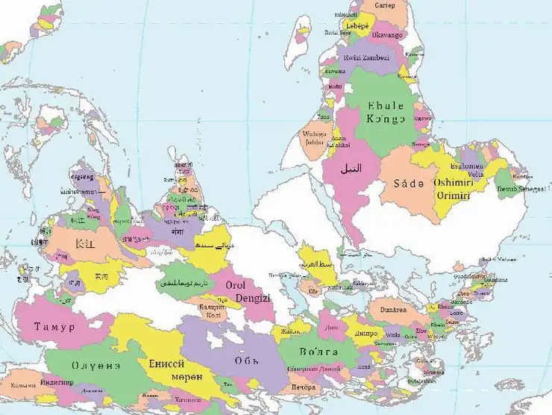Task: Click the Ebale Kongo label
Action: pos(386,111)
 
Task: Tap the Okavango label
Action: pos(386,34)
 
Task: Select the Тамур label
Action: pos(54,327)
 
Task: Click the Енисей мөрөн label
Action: pos(173,369)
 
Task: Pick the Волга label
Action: pos(319,351)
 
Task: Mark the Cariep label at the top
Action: pos(384,4)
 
